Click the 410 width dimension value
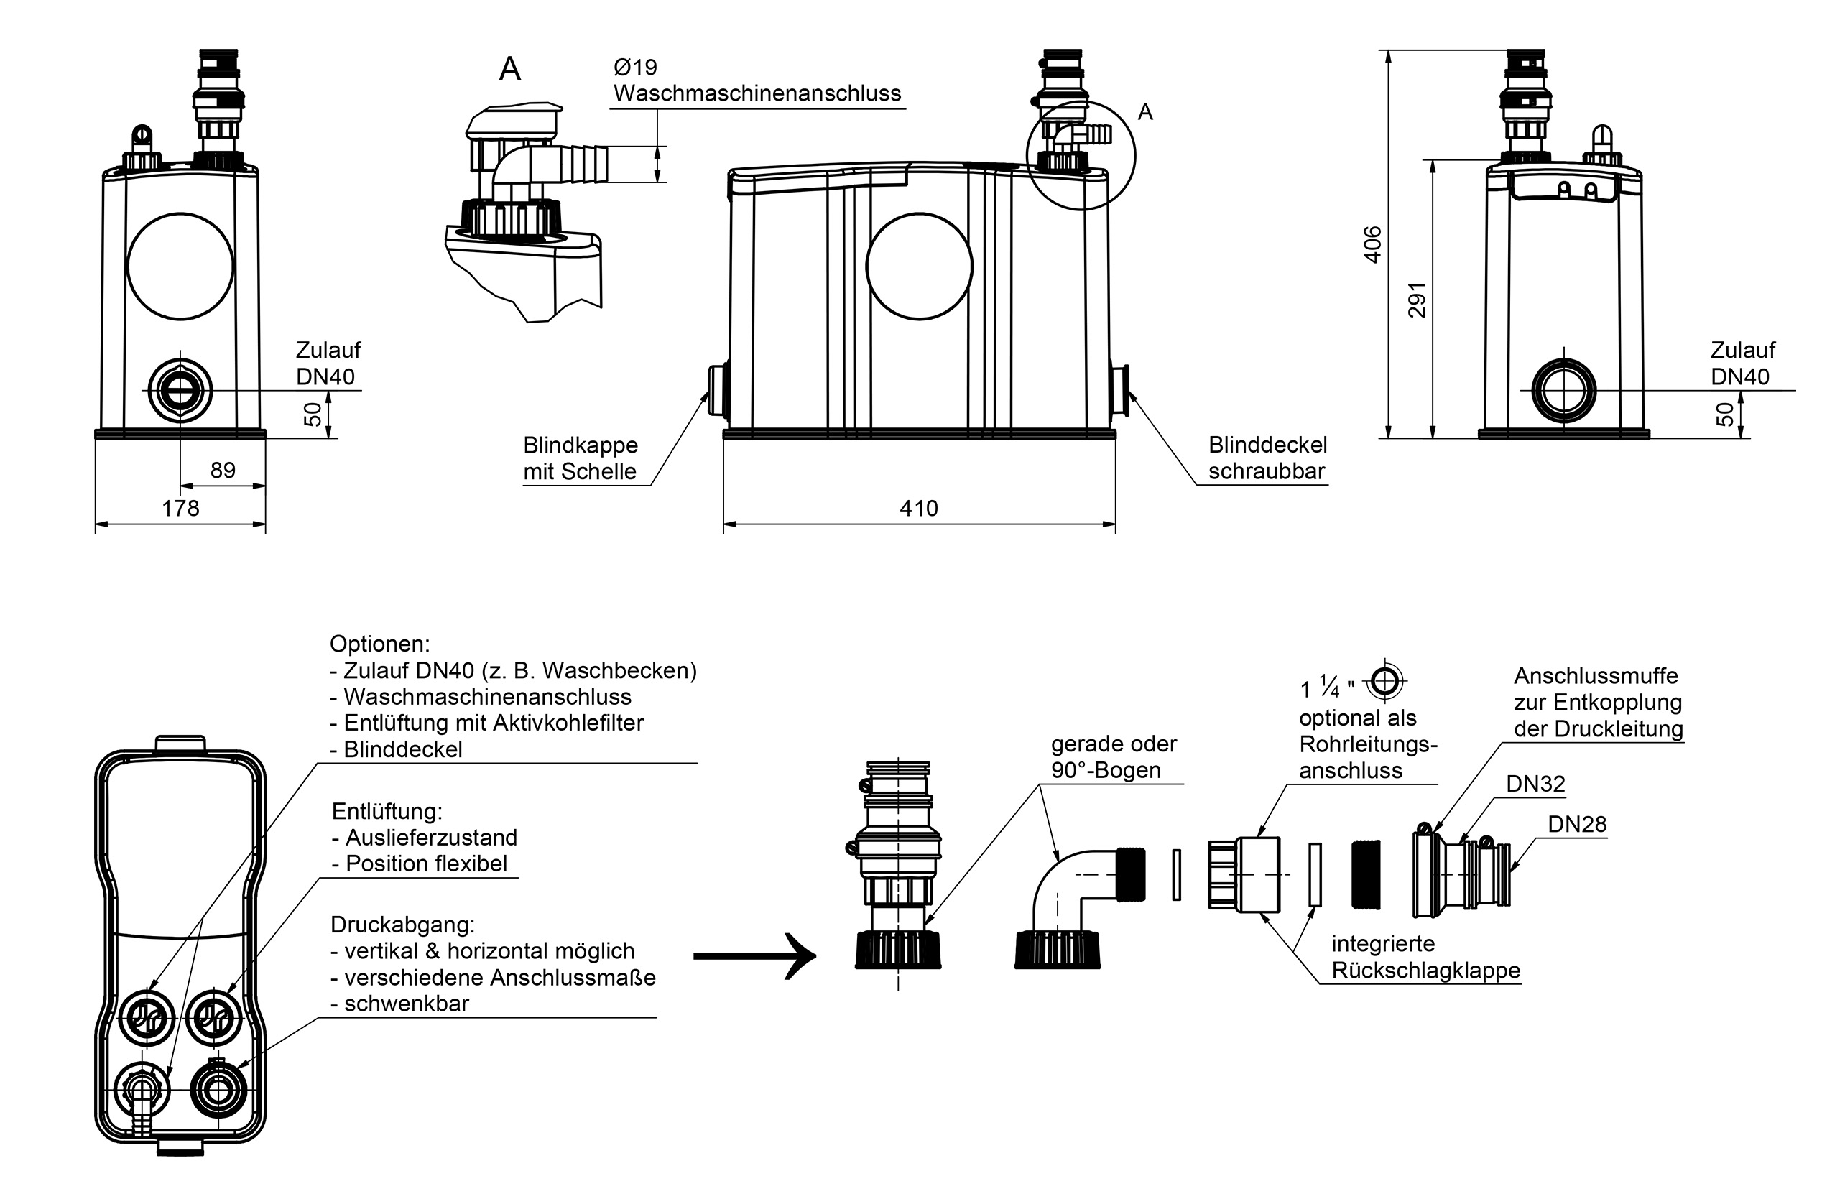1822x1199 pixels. click(918, 509)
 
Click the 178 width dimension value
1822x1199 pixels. click(180, 509)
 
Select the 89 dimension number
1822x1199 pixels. click(223, 470)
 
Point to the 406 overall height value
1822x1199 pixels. click(1374, 244)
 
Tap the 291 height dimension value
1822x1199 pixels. click(1417, 300)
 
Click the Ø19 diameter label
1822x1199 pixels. click(635, 68)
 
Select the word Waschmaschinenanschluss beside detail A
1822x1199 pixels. click(757, 93)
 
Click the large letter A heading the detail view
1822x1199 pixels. click(510, 69)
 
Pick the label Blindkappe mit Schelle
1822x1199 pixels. click(581, 458)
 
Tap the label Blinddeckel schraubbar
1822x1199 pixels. click(1268, 458)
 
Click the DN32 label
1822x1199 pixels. click(1535, 783)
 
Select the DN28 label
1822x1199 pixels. click(1577, 824)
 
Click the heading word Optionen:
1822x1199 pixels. click(380, 644)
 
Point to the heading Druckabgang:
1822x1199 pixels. click(402, 925)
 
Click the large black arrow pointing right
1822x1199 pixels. click(754, 956)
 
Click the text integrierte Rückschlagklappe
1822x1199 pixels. click(1425, 957)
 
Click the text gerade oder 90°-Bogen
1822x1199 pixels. click(1114, 756)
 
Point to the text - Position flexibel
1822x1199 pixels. click(420, 864)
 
